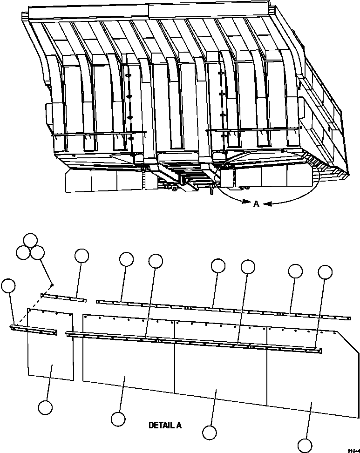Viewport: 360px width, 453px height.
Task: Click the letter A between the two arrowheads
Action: (256, 204)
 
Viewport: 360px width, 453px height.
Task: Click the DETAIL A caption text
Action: (165, 425)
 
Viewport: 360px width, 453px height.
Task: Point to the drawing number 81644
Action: (353, 451)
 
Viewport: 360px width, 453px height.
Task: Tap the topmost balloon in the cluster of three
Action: (30, 240)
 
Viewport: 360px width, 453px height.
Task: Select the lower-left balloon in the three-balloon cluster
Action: (23, 253)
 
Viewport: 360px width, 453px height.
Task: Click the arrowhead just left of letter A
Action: (246, 202)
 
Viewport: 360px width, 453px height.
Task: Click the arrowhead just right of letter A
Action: (267, 204)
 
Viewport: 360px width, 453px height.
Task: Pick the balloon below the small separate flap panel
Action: (45, 408)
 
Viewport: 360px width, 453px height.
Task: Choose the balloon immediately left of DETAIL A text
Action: (118, 419)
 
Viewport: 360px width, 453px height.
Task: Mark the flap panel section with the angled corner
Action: (312, 376)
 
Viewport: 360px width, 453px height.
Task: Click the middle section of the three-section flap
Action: (221, 364)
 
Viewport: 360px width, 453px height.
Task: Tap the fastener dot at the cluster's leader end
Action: (52, 285)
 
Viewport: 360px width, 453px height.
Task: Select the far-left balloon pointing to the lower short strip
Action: (8, 286)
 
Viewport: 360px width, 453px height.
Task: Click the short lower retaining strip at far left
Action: (34, 330)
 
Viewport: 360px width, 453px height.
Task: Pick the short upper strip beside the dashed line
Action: (63, 298)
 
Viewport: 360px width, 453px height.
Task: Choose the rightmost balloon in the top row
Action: (325, 272)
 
